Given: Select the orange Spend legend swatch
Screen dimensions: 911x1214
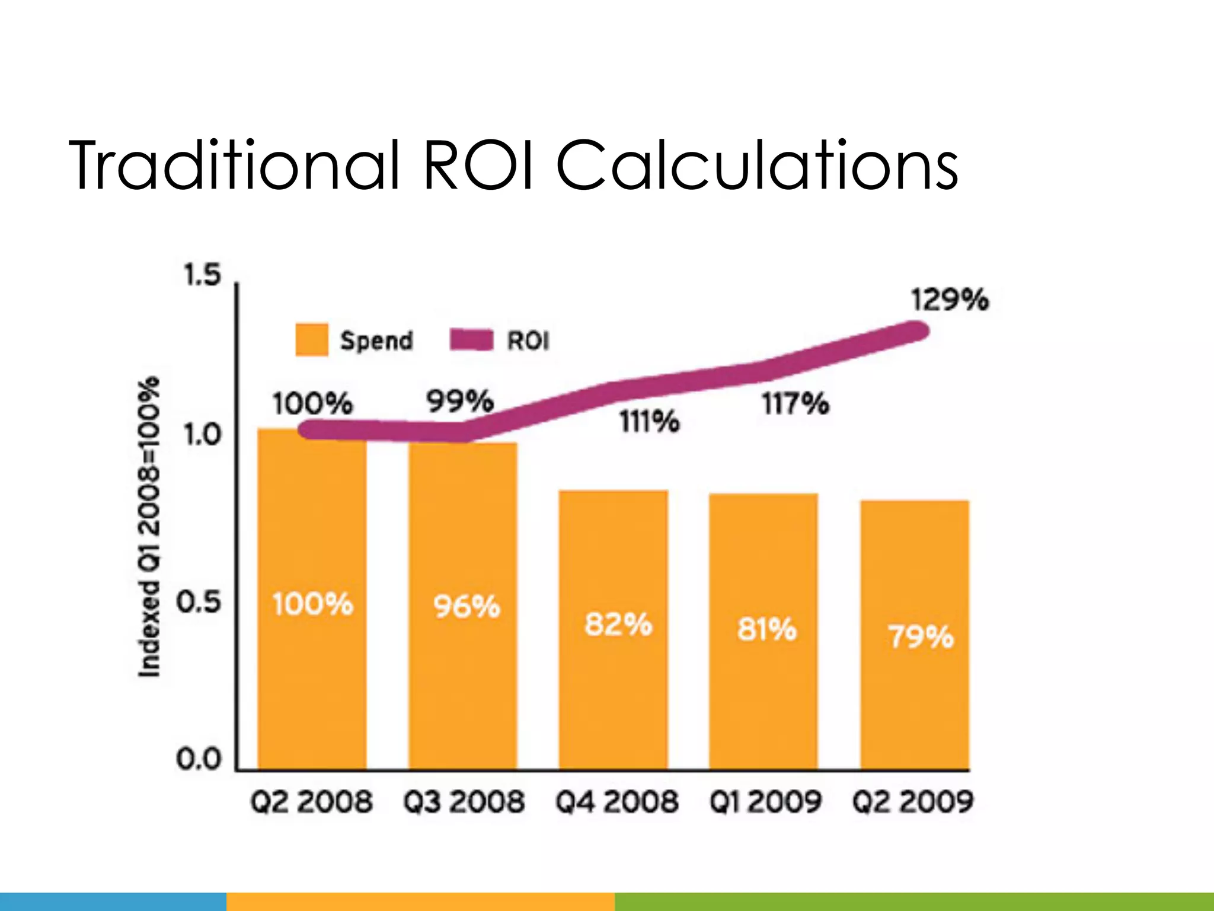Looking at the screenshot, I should point(312,340).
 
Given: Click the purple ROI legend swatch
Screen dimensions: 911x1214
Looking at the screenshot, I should point(471,340).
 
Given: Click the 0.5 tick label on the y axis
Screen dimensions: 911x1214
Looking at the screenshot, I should point(198,603).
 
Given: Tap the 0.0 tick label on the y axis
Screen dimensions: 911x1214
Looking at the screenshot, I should point(198,759).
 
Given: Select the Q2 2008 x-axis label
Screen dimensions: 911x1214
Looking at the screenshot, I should point(311,802).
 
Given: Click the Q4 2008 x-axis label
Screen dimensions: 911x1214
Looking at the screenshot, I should point(616,802).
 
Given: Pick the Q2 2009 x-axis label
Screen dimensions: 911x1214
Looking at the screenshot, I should point(913,802).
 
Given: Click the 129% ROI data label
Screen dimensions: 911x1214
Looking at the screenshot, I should point(950,300).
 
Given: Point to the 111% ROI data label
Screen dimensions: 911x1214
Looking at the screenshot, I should point(650,422).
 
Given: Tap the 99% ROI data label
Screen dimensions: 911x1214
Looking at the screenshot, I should point(460,402).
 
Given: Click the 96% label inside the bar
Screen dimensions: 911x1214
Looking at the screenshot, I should point(467,607).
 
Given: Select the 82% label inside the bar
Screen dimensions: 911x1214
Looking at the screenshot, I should point(618,625).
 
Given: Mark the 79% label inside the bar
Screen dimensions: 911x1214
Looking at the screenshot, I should point(921,637).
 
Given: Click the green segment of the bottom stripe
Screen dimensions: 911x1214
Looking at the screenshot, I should point(913,902).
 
